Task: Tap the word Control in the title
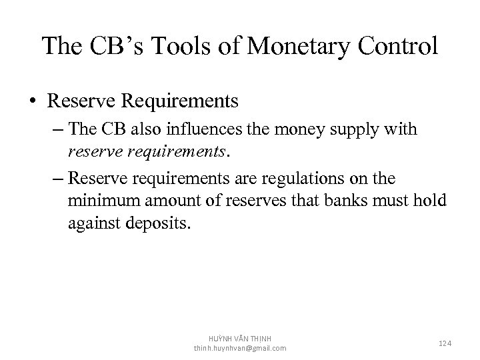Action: click(x=398, y=46)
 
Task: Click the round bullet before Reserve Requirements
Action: click(x=33, y=101)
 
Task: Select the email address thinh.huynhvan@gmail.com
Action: click(x=240, y=349)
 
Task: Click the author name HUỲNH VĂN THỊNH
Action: click(x=240, y=339)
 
